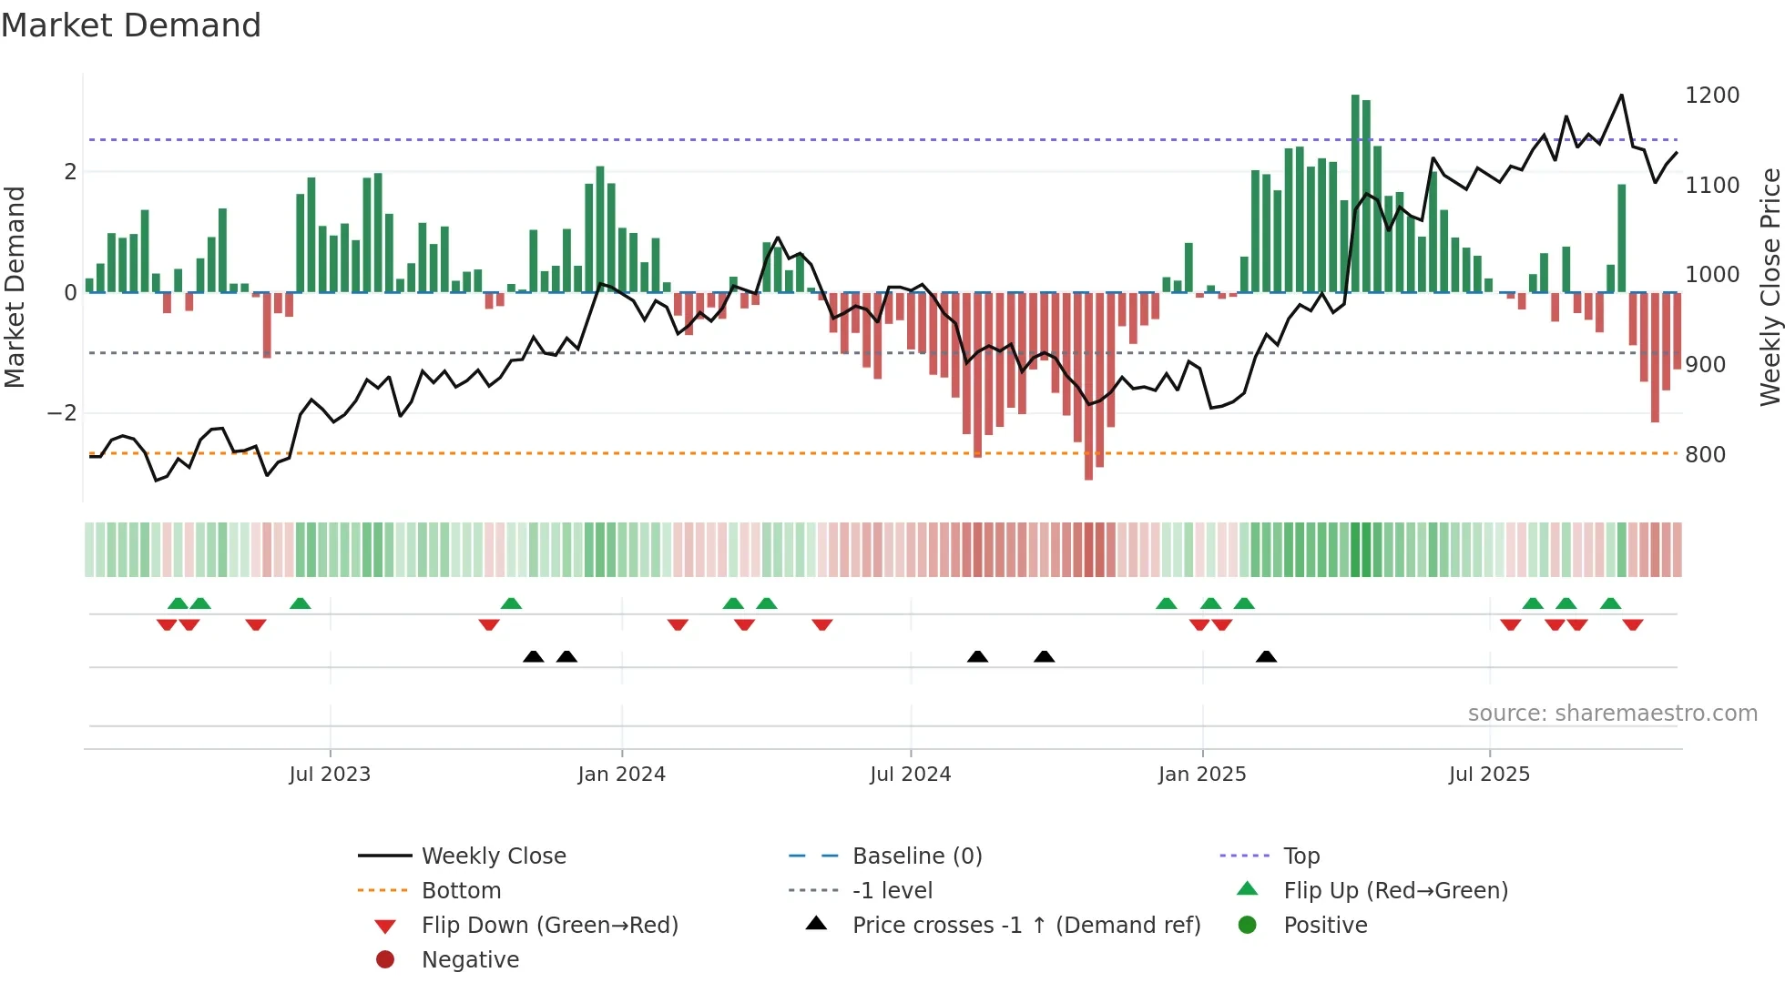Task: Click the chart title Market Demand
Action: pyautogui.click(x=131, y=25)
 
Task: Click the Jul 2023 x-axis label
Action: pyautogui.click(x=330, y=775)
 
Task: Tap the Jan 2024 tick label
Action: pyautogui.click(x=621, y=775)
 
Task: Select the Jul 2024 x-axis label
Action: pyautogui.click(x=910, y=775)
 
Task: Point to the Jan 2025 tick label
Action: pyautogui.click(x=1202, y=775)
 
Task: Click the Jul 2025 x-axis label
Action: pyautogui.click(x=1489, y=775)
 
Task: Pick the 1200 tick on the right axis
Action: pyautogui.click(x=1712, y=96)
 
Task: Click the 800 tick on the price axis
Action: pyautogui.click(x=1705, y=454)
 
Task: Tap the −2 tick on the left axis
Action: pyautogui.click(x=62, y=413)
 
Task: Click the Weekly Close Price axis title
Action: pyautogui.click(x=1770, y=287)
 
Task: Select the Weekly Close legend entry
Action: pyautogui.click(x=493, y=856)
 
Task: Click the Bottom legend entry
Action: pyautogui.click(x=461, y=891)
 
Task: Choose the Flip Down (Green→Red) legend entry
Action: pyautogui.click(x=549, y=926)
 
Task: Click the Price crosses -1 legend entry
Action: pyautogui.click(x=1025, y=926)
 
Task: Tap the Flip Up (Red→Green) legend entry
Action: pyautogui.click(x=1395, y=891)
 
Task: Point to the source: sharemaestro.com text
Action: pyautogui.click(x=1612, y=714)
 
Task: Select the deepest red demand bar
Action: pyautogui.click(x=1088, y=386)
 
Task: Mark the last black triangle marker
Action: pyautogui.click(x=1266, y=656)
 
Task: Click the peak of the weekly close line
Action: pyautogui.click(x=1621, y=96)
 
